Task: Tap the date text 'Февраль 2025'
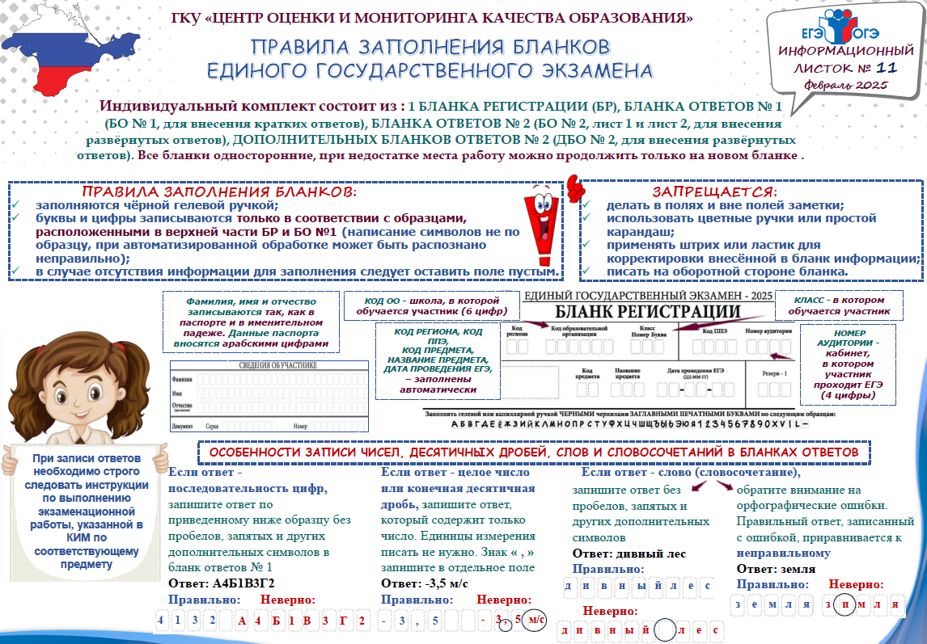click(x=846, y=84)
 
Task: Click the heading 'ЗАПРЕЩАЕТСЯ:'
click(x=714, y=192)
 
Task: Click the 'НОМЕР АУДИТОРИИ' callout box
click(x=848, y=364)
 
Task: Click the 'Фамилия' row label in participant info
click(x=182, y=379)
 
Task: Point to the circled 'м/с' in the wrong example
click(x=535, y=621)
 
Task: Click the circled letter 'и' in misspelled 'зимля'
click(x=844, y=604)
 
